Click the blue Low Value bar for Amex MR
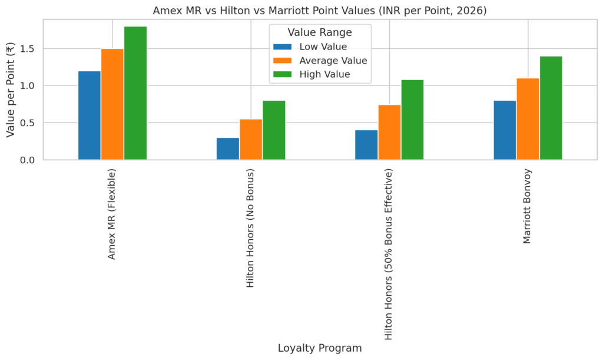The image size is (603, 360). click(x=90, y=115)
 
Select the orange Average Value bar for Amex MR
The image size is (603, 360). click(x=112, y=104)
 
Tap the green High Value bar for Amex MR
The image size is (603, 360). click(x=135, y=93)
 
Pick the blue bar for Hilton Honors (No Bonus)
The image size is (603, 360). click(x=228, y=149)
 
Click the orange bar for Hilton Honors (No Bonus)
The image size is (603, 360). click(x=251, y=140)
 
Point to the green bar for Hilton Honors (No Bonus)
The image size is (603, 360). click(x=274, y=130)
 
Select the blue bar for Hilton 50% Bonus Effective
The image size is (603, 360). click(x=366, y=145)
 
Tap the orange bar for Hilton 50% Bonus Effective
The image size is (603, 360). click(x=389, y=133)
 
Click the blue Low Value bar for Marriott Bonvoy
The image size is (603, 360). click(x=505, y=130)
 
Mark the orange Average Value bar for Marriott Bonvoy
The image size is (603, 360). click(x=528, y=119)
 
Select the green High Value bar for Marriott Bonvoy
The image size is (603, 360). click(x=551, y=108)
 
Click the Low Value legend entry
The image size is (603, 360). click(x=323, y=47)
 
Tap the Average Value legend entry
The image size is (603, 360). click(x=333, y=61)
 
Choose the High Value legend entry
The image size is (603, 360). click(x=324, y=74)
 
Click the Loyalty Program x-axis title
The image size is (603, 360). click(x=320, y=348)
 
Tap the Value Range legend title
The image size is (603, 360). click(x=320, y=33)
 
